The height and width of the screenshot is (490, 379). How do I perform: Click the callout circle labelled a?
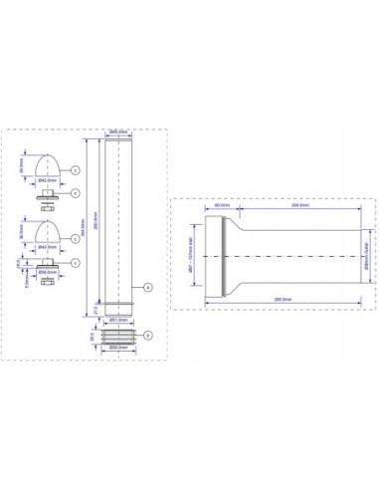[x=145, y=287]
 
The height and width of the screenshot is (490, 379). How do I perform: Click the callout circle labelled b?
[x=148, y=336]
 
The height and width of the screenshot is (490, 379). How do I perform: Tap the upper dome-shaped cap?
[x=48, y=163]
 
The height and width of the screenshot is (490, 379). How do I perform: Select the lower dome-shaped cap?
[x=48, y=233]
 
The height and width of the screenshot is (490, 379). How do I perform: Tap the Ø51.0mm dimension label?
[x=116, y=321]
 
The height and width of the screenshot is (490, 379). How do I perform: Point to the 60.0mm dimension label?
[x=223, y=208]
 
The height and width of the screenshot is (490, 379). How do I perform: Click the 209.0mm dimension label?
[x=296, y=208]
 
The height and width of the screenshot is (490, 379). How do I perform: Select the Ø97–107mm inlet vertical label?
[x=191, y=254]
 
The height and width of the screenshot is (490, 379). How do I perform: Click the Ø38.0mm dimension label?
[x=46, y=269]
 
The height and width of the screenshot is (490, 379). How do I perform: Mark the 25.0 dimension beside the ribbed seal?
[x=92, y=337]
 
